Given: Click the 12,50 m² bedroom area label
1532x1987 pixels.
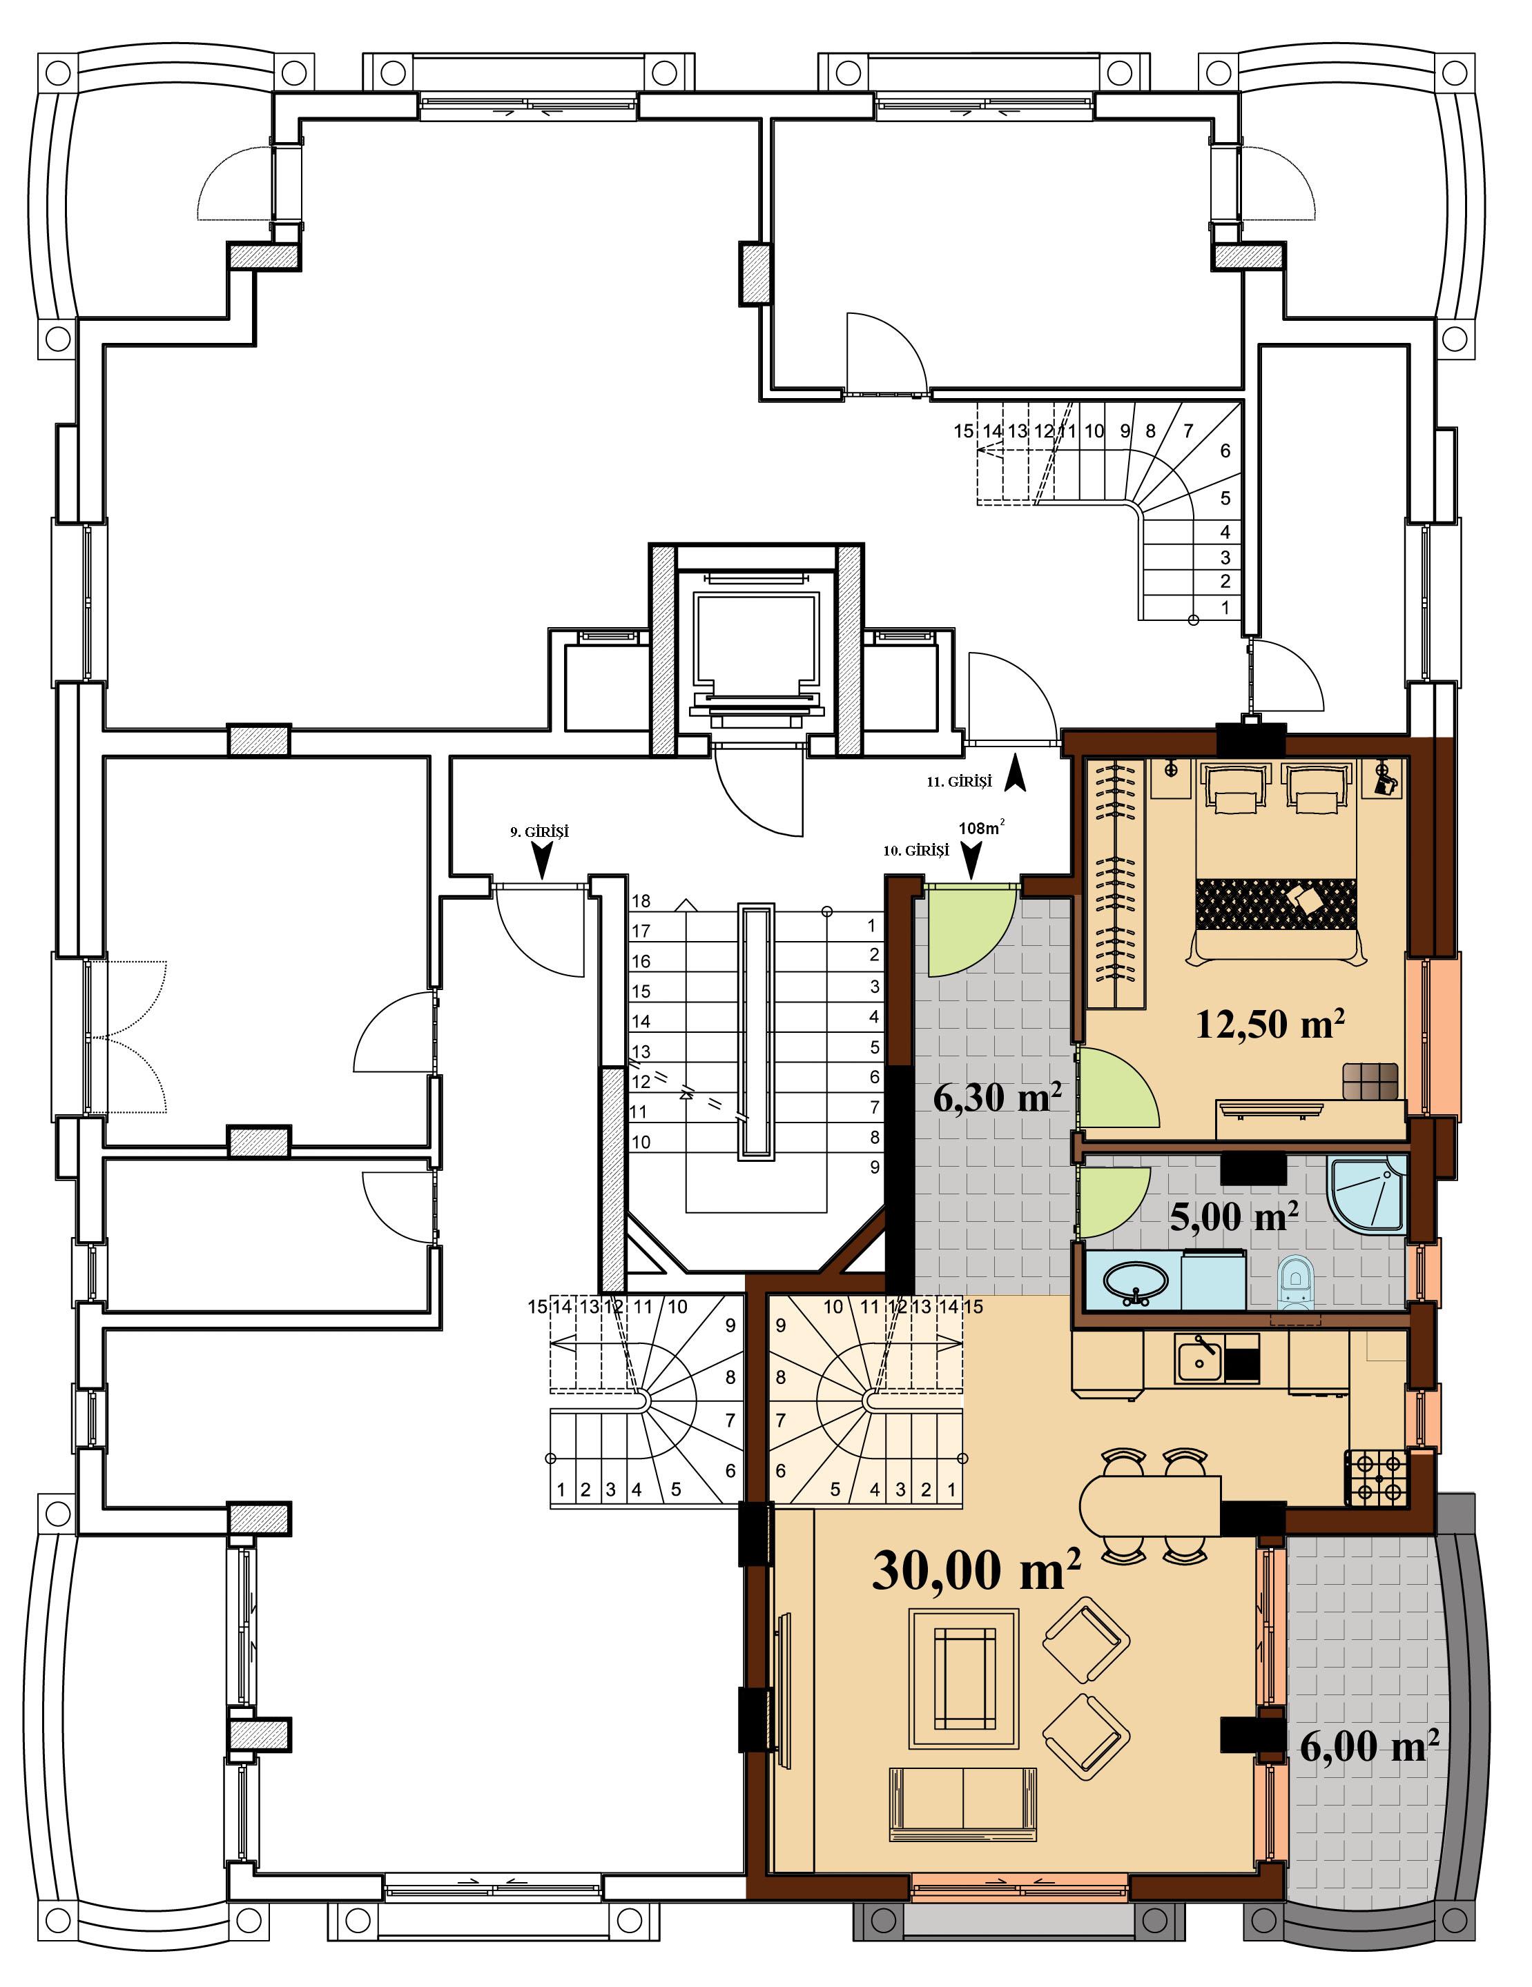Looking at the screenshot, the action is click(x=1270, y=1024).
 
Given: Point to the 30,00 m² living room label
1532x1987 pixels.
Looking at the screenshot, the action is click(x=976, y=1570).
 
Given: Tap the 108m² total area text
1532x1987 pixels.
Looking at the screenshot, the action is click(x=980, y=828).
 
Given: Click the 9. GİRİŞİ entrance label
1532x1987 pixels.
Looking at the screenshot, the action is click(x=539, y=831).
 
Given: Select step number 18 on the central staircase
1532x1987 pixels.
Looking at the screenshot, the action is click(x=641, y=900).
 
